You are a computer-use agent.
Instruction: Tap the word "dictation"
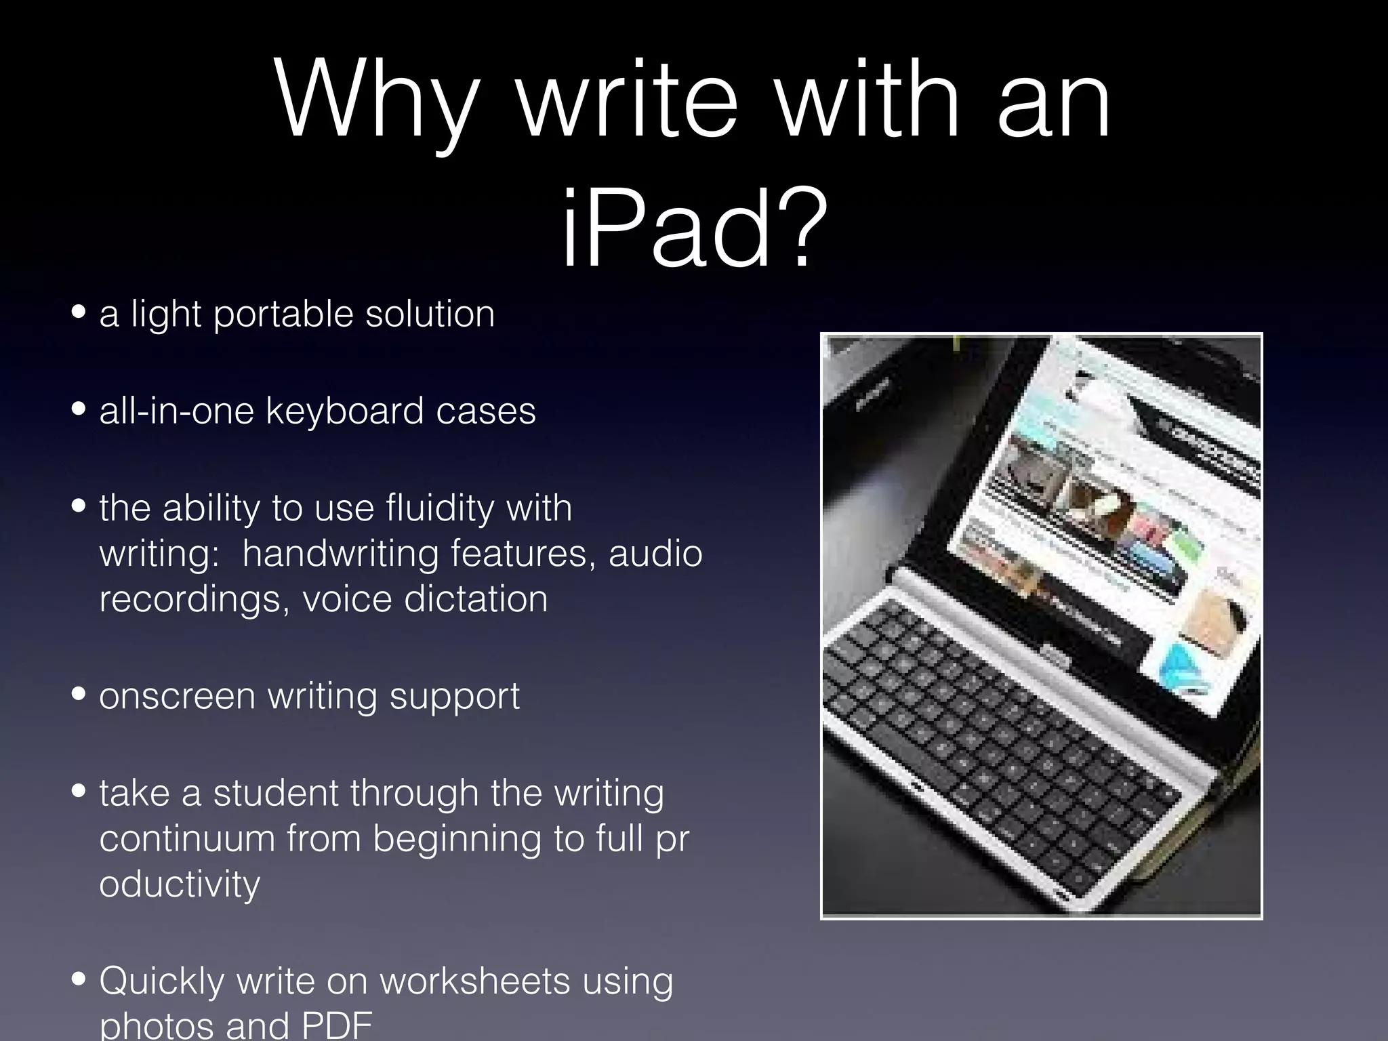pyautogui.click(x=476, y=599)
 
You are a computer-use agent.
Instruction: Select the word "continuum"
pyautogui.click(x=188, y=838)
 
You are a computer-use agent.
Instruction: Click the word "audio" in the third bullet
pyautogui.click(x=655, y=554)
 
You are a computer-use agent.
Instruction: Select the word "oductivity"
pyautogui.click(x=180, y=884)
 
